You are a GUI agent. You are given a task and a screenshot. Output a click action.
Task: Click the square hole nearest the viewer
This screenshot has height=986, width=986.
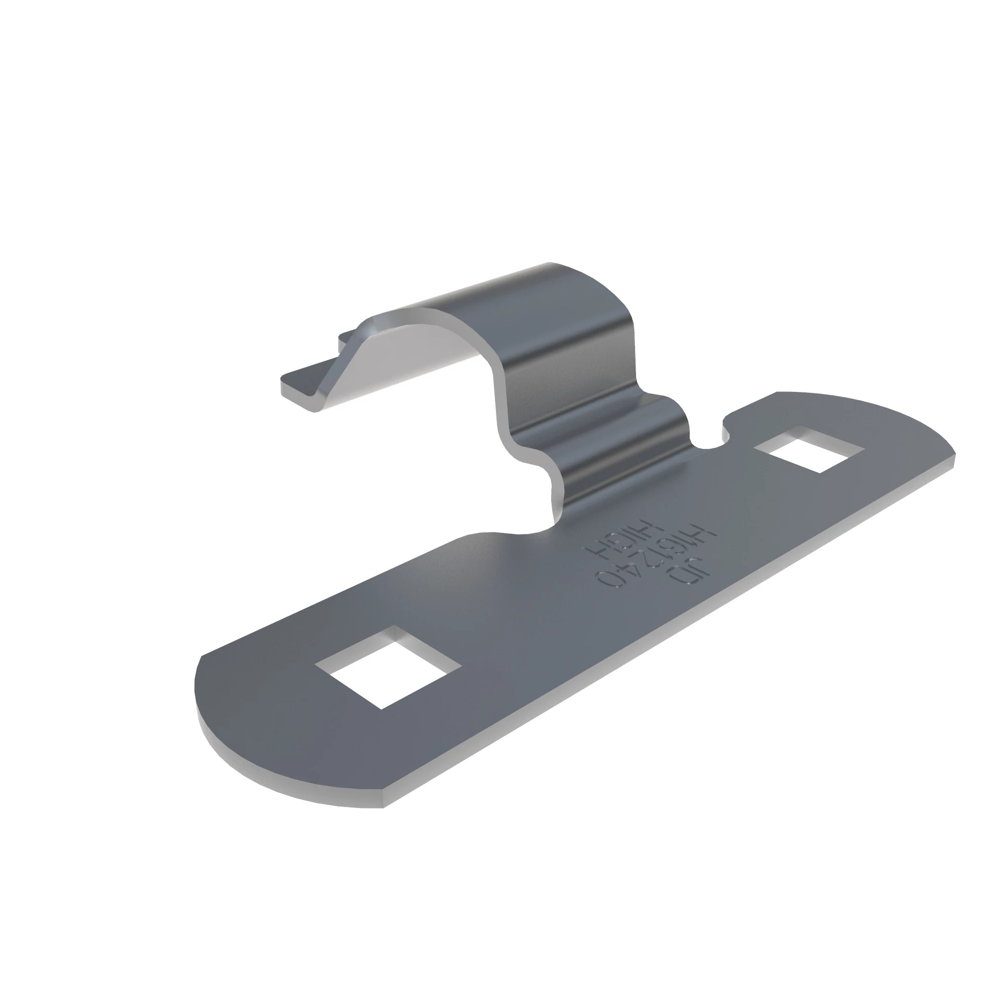[x=388, y=667]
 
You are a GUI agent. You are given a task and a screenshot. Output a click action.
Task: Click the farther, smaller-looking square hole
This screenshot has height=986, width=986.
[x=809, y=450]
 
